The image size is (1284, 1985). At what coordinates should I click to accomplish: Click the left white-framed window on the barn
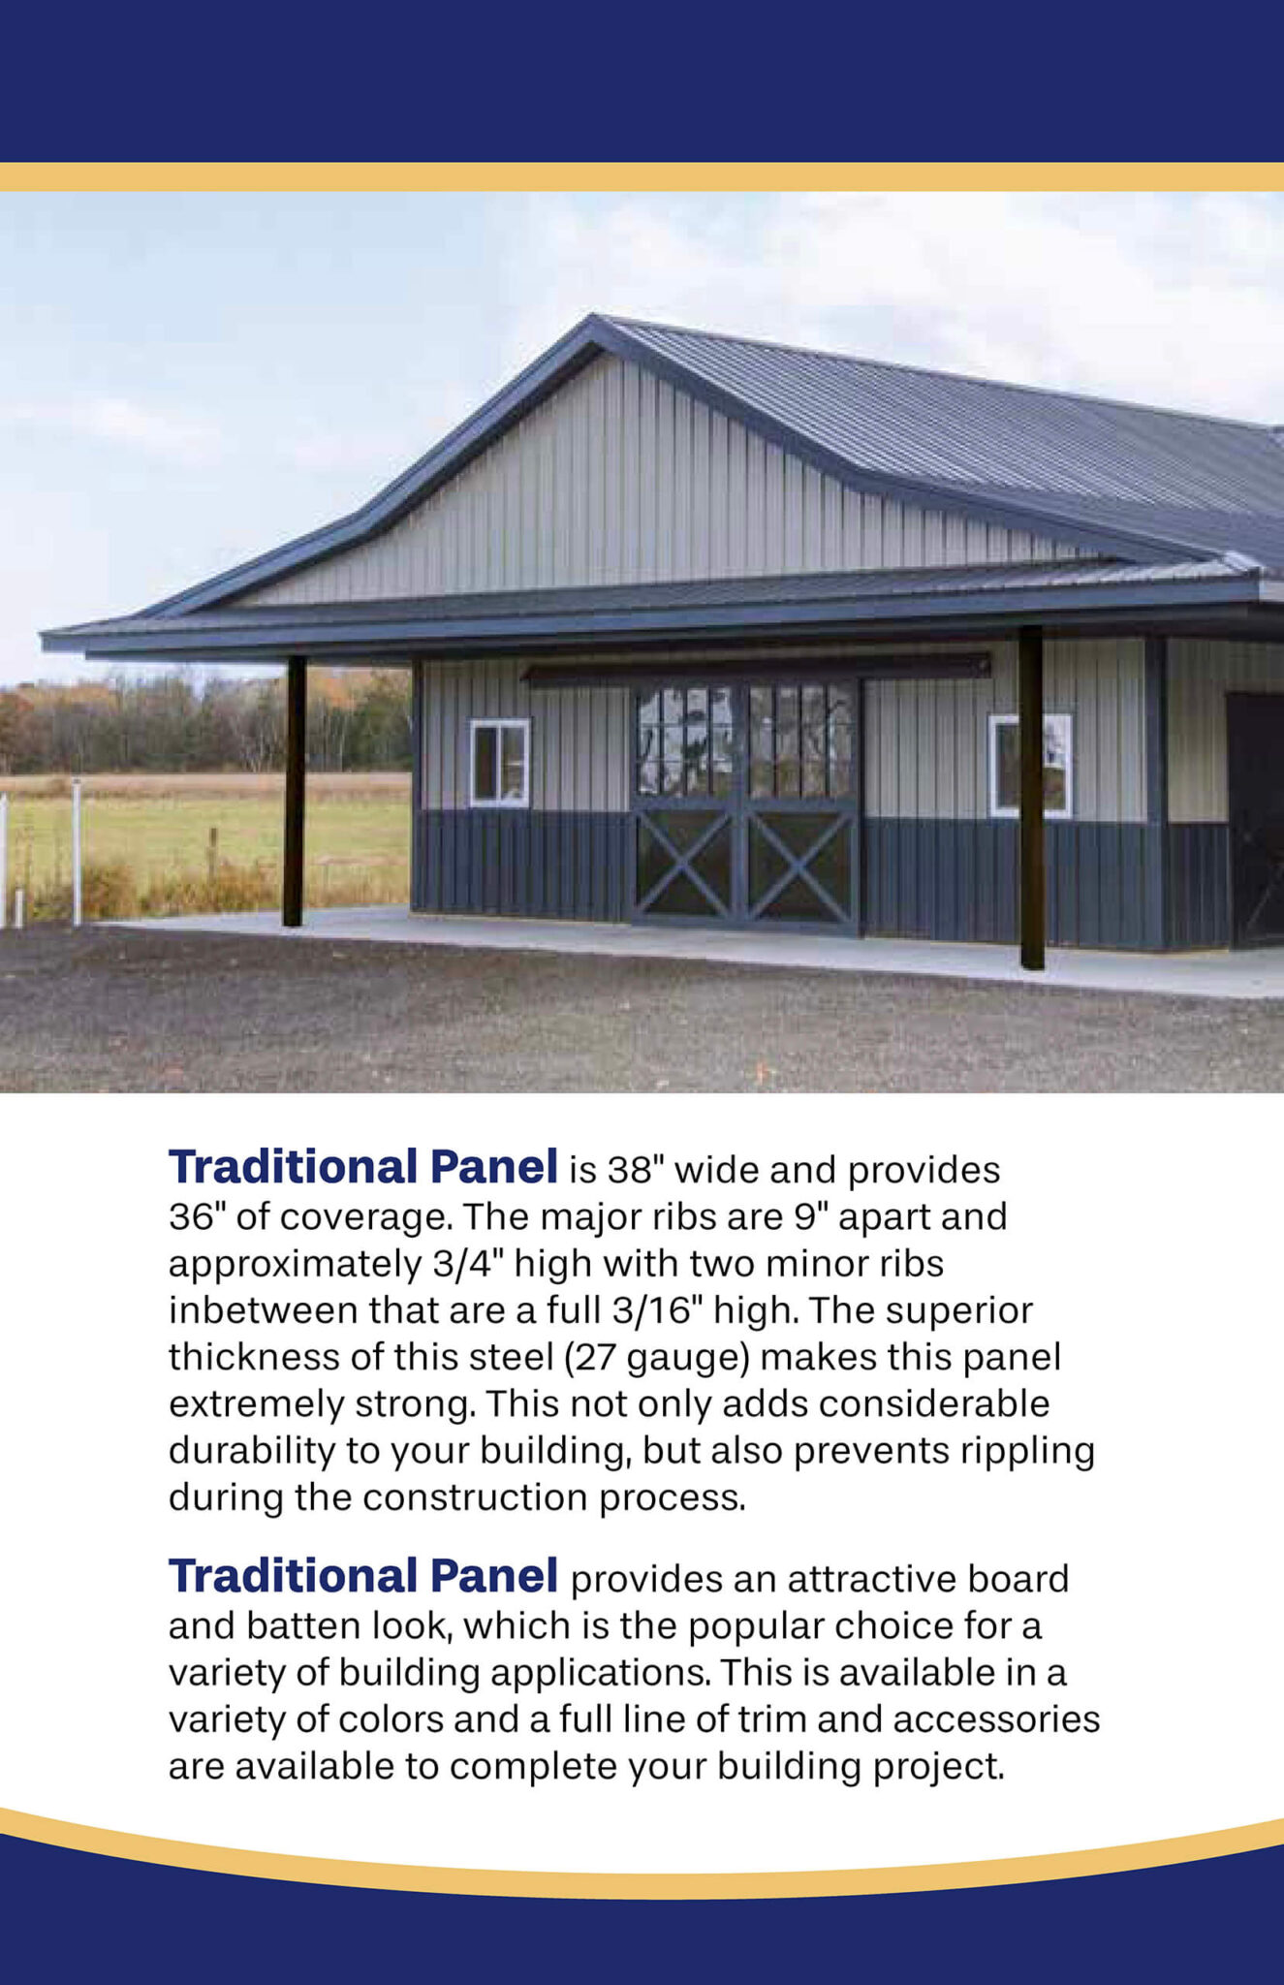[500, 763]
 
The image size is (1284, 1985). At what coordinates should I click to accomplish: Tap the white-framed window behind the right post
[1031, 765]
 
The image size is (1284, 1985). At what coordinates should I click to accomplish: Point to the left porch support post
[295, 791]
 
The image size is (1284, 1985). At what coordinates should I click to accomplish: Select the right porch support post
[1031, 797]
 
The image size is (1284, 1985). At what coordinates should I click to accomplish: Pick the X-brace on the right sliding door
[799, 866]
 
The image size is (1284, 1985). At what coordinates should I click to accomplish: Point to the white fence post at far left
[77, 850]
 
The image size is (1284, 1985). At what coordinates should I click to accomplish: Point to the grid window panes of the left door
[685, 741]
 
